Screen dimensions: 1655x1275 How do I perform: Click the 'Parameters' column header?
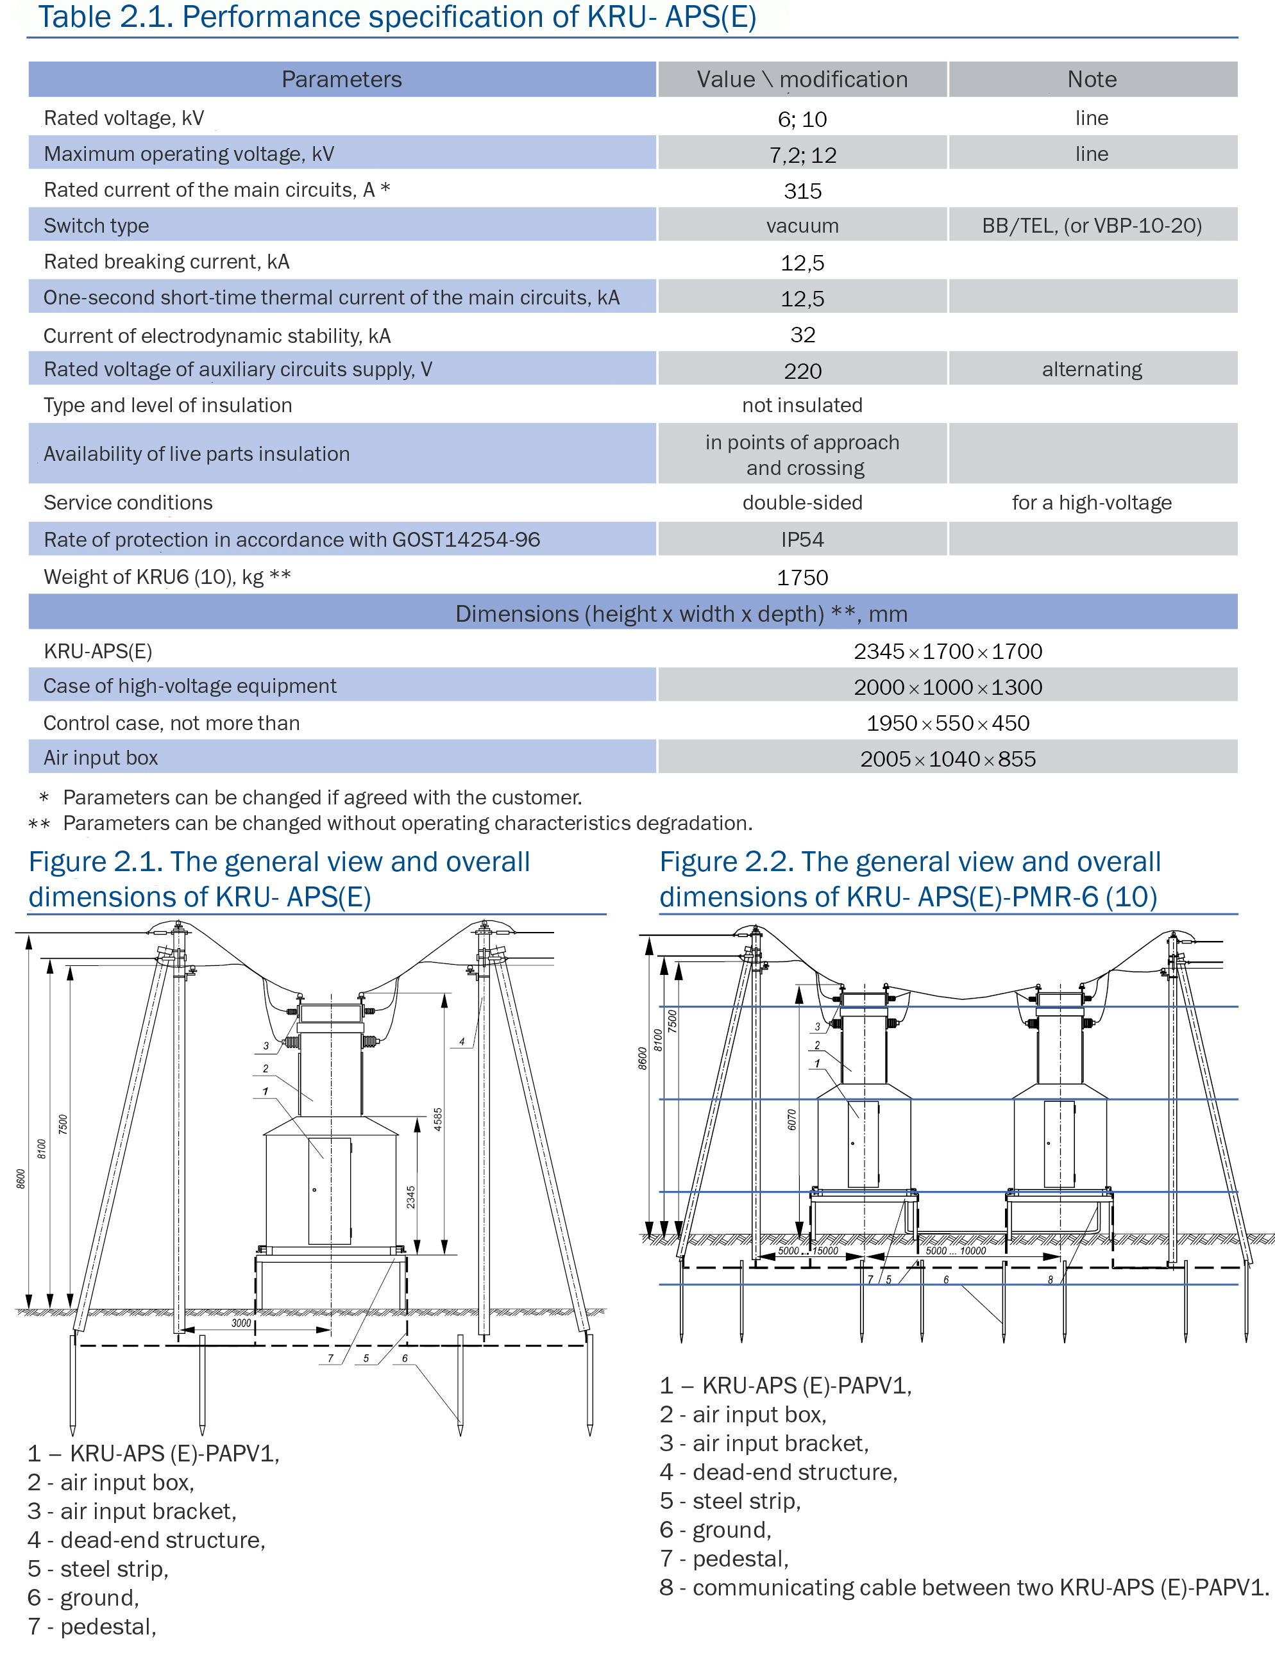341,79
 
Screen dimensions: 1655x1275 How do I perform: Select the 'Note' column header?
1092,79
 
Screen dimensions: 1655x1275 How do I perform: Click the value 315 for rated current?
802,191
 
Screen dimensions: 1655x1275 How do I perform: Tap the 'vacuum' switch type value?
802,226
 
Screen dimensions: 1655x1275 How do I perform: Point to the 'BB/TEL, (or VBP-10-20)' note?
1092,226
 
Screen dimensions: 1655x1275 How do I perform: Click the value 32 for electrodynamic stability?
802,335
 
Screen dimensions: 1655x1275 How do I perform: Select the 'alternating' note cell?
1092,369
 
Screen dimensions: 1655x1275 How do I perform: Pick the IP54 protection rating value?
802,540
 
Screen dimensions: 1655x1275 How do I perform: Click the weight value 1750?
802,578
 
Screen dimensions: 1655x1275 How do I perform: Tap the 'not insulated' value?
802,405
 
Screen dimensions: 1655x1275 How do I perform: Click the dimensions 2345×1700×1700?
947,651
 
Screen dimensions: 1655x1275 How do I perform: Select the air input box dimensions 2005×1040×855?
947,758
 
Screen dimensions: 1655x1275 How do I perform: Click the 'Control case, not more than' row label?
171,723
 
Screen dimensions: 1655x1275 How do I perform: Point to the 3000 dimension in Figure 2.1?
241,1323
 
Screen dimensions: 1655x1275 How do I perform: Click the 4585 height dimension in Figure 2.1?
437,1119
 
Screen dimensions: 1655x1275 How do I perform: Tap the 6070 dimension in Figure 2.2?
791,1119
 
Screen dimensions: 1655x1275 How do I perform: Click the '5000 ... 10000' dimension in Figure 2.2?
955,1251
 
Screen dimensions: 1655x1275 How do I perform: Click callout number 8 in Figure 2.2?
1050,1280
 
